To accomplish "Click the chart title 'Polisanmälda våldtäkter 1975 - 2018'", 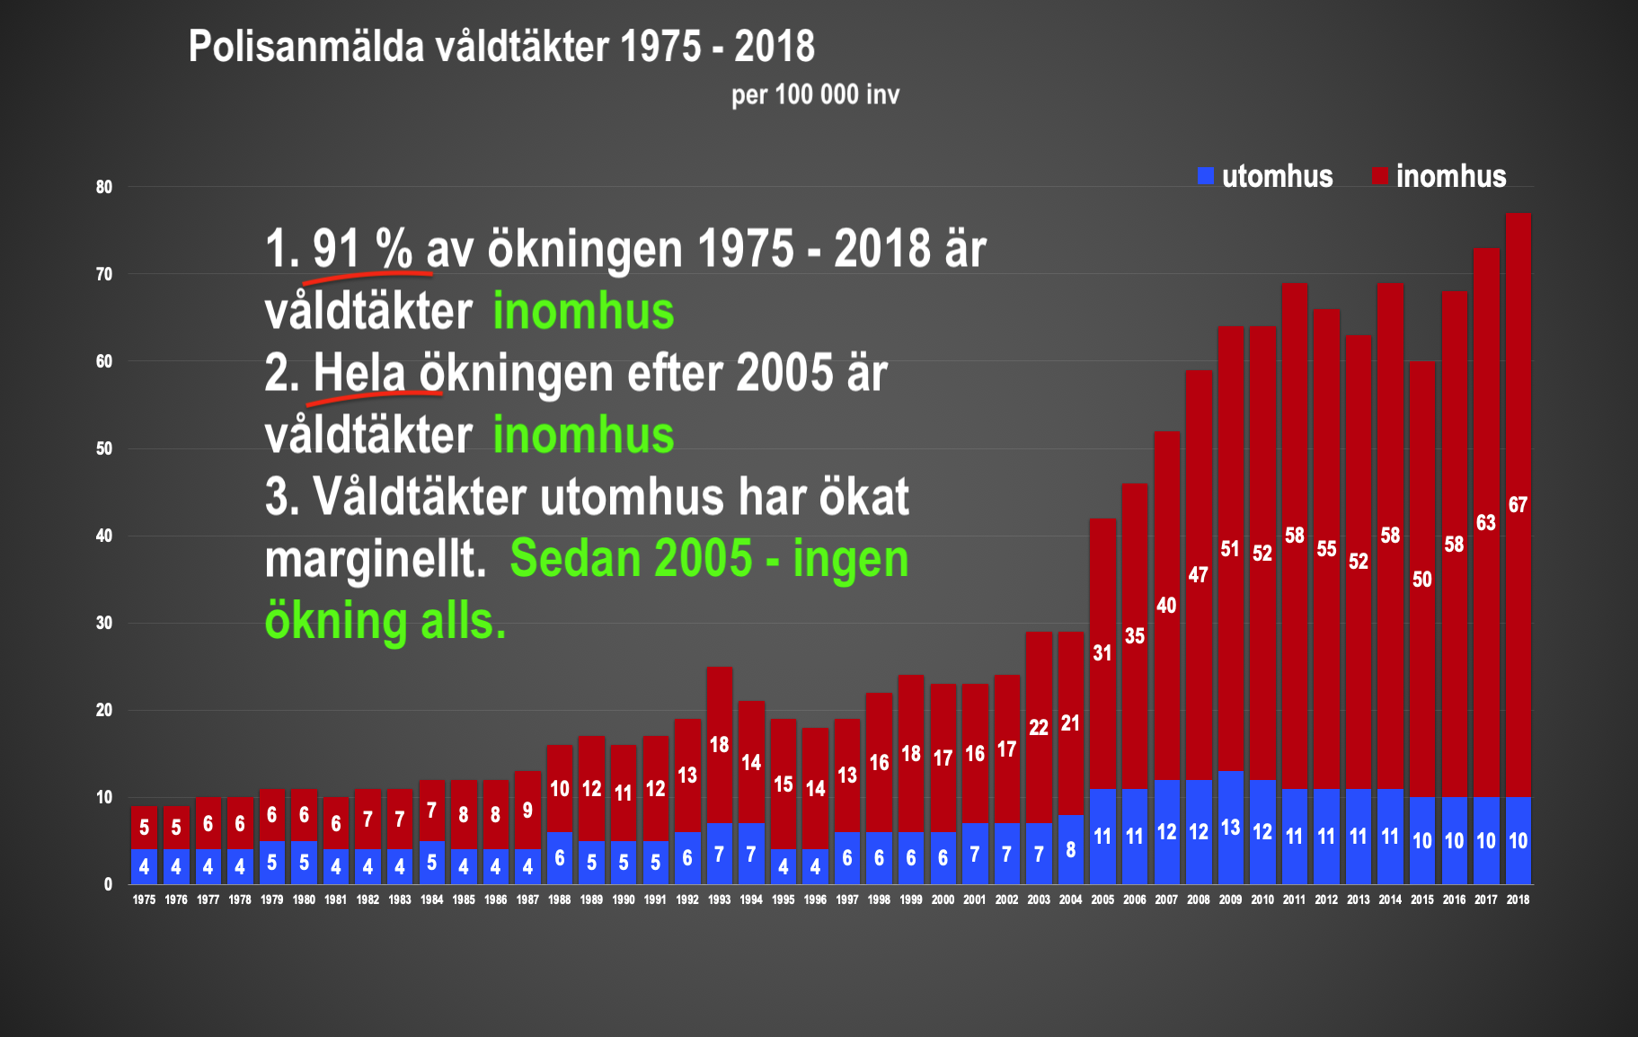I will pos(501,47).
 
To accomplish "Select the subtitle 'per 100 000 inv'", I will pos(815,94).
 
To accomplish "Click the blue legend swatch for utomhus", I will pos(1206,176).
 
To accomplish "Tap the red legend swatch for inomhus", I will pos(1381,176).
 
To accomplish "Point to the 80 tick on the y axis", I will pos(105,187).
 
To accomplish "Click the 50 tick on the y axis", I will pos(105,448).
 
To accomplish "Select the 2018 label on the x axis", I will pos(1518,900).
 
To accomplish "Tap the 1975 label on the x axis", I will pos(144,900).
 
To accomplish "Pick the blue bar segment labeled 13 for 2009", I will pos(1230,828).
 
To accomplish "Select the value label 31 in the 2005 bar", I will pos(1102,653).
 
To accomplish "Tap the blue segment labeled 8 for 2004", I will pos(1070,850).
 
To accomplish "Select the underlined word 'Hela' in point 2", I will pos(359,372).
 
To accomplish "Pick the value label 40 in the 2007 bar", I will pos(1166,606).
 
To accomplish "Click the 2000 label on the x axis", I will pos(943,900).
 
